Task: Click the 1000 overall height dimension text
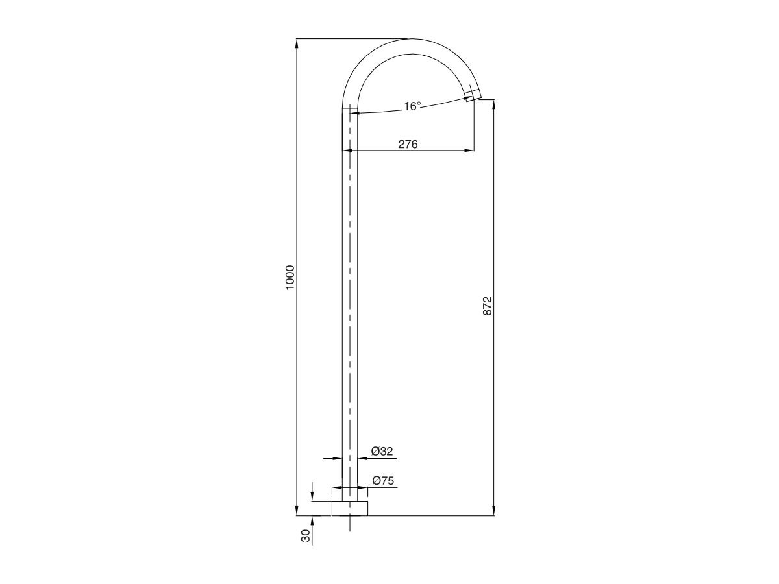290,277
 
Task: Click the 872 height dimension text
488,306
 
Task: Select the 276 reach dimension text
408,144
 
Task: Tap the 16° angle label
412,106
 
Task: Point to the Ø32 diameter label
382,451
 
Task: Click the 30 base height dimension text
305,536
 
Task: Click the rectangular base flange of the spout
350,508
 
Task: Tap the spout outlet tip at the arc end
474,95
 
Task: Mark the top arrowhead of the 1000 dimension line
297,43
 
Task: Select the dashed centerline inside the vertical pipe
350,292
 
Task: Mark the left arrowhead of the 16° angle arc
354,114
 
